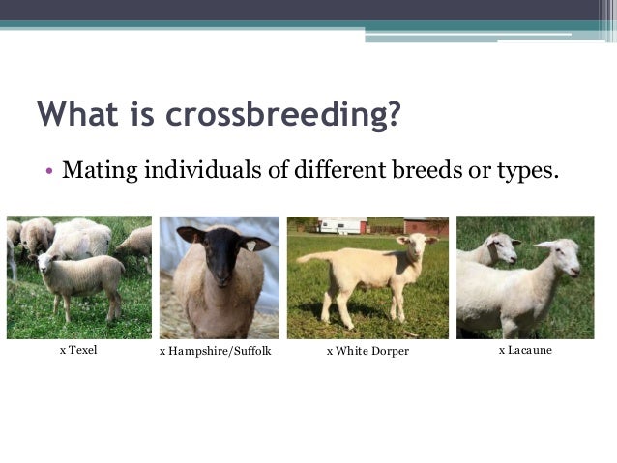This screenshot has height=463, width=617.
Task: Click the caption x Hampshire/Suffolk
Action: (214, 351)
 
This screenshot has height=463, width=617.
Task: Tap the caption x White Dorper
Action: (367, 351)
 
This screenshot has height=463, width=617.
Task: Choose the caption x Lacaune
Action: (525, 350)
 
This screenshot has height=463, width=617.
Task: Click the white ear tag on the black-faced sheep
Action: (256, 246)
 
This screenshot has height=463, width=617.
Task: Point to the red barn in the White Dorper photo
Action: (426, 226)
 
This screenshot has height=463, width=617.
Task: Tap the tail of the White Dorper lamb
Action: (307, 261)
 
